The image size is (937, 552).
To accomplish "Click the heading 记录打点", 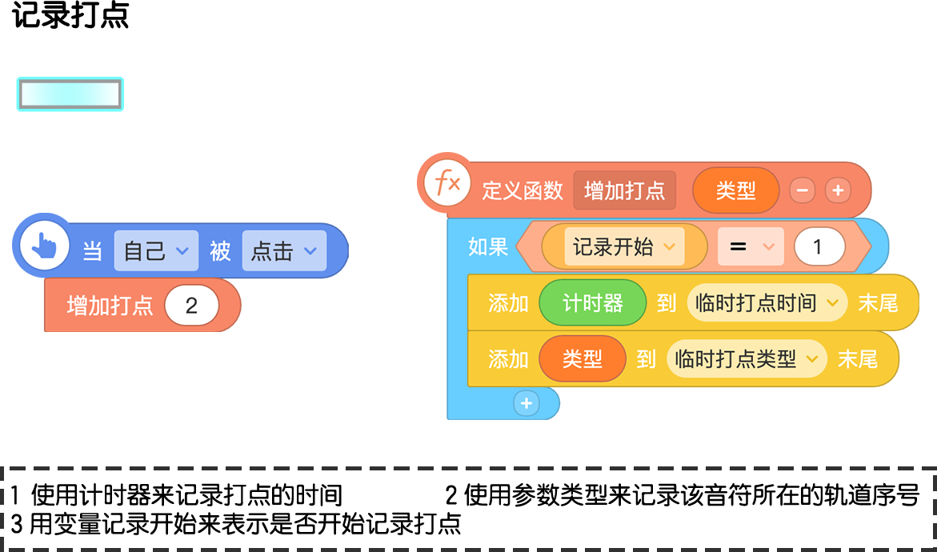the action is [x=70, y=15].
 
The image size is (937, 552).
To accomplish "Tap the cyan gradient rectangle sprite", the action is [x=70, y=94].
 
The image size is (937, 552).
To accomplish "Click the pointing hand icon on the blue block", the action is [x=44, y=246].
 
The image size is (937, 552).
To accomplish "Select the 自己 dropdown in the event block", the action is [x=156, y=251].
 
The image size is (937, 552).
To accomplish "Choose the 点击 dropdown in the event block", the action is [x=284, y=251].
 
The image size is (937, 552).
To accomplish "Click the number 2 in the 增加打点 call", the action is [x=191, y=306].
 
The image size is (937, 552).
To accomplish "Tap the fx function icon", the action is [x=446, y=183].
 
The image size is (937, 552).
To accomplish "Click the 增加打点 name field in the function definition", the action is [x=624, y=190].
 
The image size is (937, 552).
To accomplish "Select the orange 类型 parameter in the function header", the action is [x=735, y=190].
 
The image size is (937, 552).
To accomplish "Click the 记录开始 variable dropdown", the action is [x=624, y=246].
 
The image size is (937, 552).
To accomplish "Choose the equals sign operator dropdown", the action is [x=751, y=246].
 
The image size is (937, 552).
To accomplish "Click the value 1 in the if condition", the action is [x=819, y=246].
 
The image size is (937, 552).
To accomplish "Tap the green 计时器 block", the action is [x=593, y=303].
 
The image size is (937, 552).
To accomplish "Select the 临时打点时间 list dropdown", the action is [x=767, y=303].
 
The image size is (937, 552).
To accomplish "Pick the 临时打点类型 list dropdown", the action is [x=747, y=359].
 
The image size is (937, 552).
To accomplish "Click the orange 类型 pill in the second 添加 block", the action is [x=583, y=359].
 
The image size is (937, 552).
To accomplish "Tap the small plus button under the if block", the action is [x=527, y=403].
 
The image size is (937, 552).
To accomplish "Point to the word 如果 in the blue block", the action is [x=488, y=246].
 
